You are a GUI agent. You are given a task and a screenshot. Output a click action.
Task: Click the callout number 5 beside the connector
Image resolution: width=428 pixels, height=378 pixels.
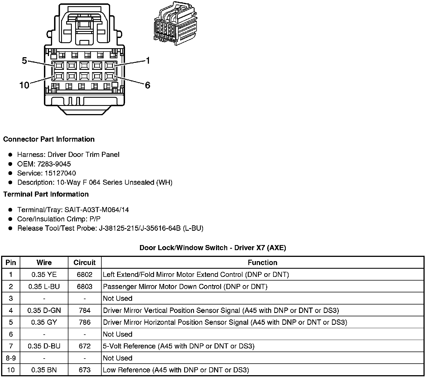pyautogui.click(x=24, y=61)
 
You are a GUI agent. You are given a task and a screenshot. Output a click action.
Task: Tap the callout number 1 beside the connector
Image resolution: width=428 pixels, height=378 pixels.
pyautogui.click(x=148, y=61)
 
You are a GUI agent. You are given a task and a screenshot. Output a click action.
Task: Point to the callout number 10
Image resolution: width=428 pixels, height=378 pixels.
pyautogui.click(x=24, y=85)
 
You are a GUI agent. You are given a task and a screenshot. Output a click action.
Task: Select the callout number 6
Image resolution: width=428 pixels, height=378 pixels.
pyautogui.click(x=148, y=85)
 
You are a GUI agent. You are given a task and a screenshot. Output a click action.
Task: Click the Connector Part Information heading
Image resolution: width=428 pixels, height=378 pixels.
pyautogui.click(x=49, y=139)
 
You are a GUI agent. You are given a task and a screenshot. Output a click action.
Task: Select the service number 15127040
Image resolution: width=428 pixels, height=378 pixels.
pyautogui.click(x=60, y=173)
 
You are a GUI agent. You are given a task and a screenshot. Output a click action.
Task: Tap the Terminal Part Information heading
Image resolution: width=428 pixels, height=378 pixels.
pyautogui.click(x=46, y=194)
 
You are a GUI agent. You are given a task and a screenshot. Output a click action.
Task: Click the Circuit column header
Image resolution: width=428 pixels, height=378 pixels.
pyautogui.click(x=84, y=263)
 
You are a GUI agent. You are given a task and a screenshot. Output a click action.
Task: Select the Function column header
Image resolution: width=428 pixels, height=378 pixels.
pyautogui.click(x=262, y=263)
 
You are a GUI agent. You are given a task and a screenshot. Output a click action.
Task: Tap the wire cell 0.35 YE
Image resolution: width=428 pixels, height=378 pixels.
pyautogui.click(x=44, y=275)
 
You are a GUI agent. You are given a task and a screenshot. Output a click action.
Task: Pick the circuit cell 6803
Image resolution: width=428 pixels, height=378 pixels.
pyautogui.click(x=84, y=287)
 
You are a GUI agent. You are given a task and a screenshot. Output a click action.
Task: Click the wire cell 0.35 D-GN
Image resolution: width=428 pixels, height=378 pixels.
pyautogui.click(x=44, y=311)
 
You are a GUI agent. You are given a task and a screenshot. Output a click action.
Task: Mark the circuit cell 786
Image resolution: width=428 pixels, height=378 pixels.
pyautogui.click(x=84, y=322)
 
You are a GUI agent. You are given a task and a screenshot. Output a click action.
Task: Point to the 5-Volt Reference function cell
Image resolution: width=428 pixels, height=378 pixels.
pyautogui.click(x=179, y=346)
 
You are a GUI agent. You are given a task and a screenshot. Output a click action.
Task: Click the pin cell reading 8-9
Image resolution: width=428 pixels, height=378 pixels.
pyautogui.click(x=11, y=358)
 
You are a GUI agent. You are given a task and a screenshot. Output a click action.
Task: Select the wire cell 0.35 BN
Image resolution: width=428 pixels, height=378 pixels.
pyautogui.click(x=44, y=370)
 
